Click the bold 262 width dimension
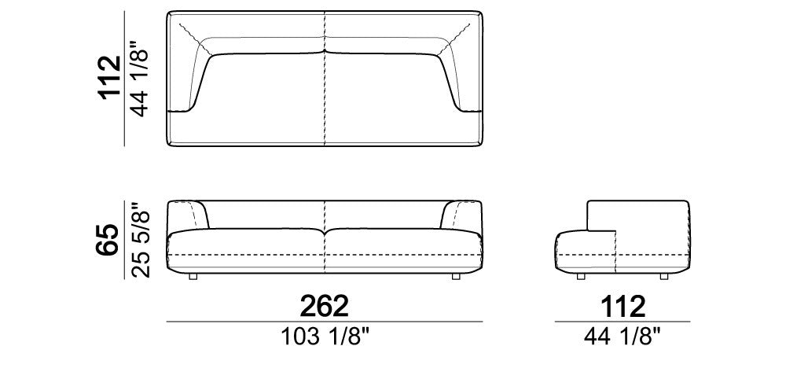(x=324, y=306)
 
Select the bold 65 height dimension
(x=108, y=240)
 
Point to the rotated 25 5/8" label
(x=140, y=239)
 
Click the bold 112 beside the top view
(x=110, y=78)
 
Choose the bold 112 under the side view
(x=623, y=306)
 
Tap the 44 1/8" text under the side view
(x=623, y=337)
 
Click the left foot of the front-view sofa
(x=193, y=276)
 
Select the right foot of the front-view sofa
(x=456, y=276)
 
